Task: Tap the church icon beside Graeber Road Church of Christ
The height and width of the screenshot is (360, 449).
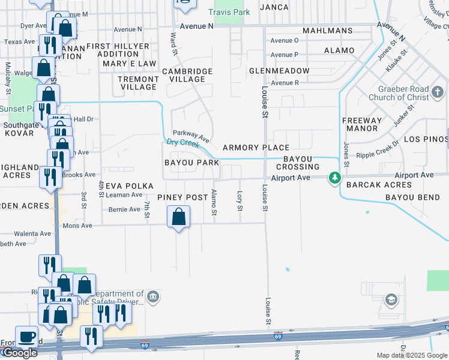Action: click(x=438, y=92)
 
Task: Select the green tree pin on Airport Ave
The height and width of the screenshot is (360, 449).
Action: click(x=335, y=178)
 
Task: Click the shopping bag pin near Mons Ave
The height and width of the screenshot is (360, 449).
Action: click(x=179, y=217)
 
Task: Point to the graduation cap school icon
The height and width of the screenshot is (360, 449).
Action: click(x=391, y=299)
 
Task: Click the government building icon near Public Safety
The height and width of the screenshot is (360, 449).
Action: click(x=153, y=296)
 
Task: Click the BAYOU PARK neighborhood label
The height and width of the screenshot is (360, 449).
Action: click(x=191, y=163)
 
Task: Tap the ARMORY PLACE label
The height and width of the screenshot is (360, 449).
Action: click(x=256, y=148)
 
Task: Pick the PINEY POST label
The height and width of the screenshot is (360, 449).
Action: click(x=182, y=197)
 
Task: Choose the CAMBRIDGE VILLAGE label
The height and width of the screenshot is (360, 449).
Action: click(x=187, y=75)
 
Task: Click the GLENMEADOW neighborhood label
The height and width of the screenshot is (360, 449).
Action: click(x=280, y=71)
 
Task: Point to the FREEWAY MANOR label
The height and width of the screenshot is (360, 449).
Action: click(x=362, y=124)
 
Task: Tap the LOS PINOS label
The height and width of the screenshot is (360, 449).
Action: click(x=426, y=139)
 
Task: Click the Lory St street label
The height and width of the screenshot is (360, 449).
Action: click(x=240, y=200)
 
